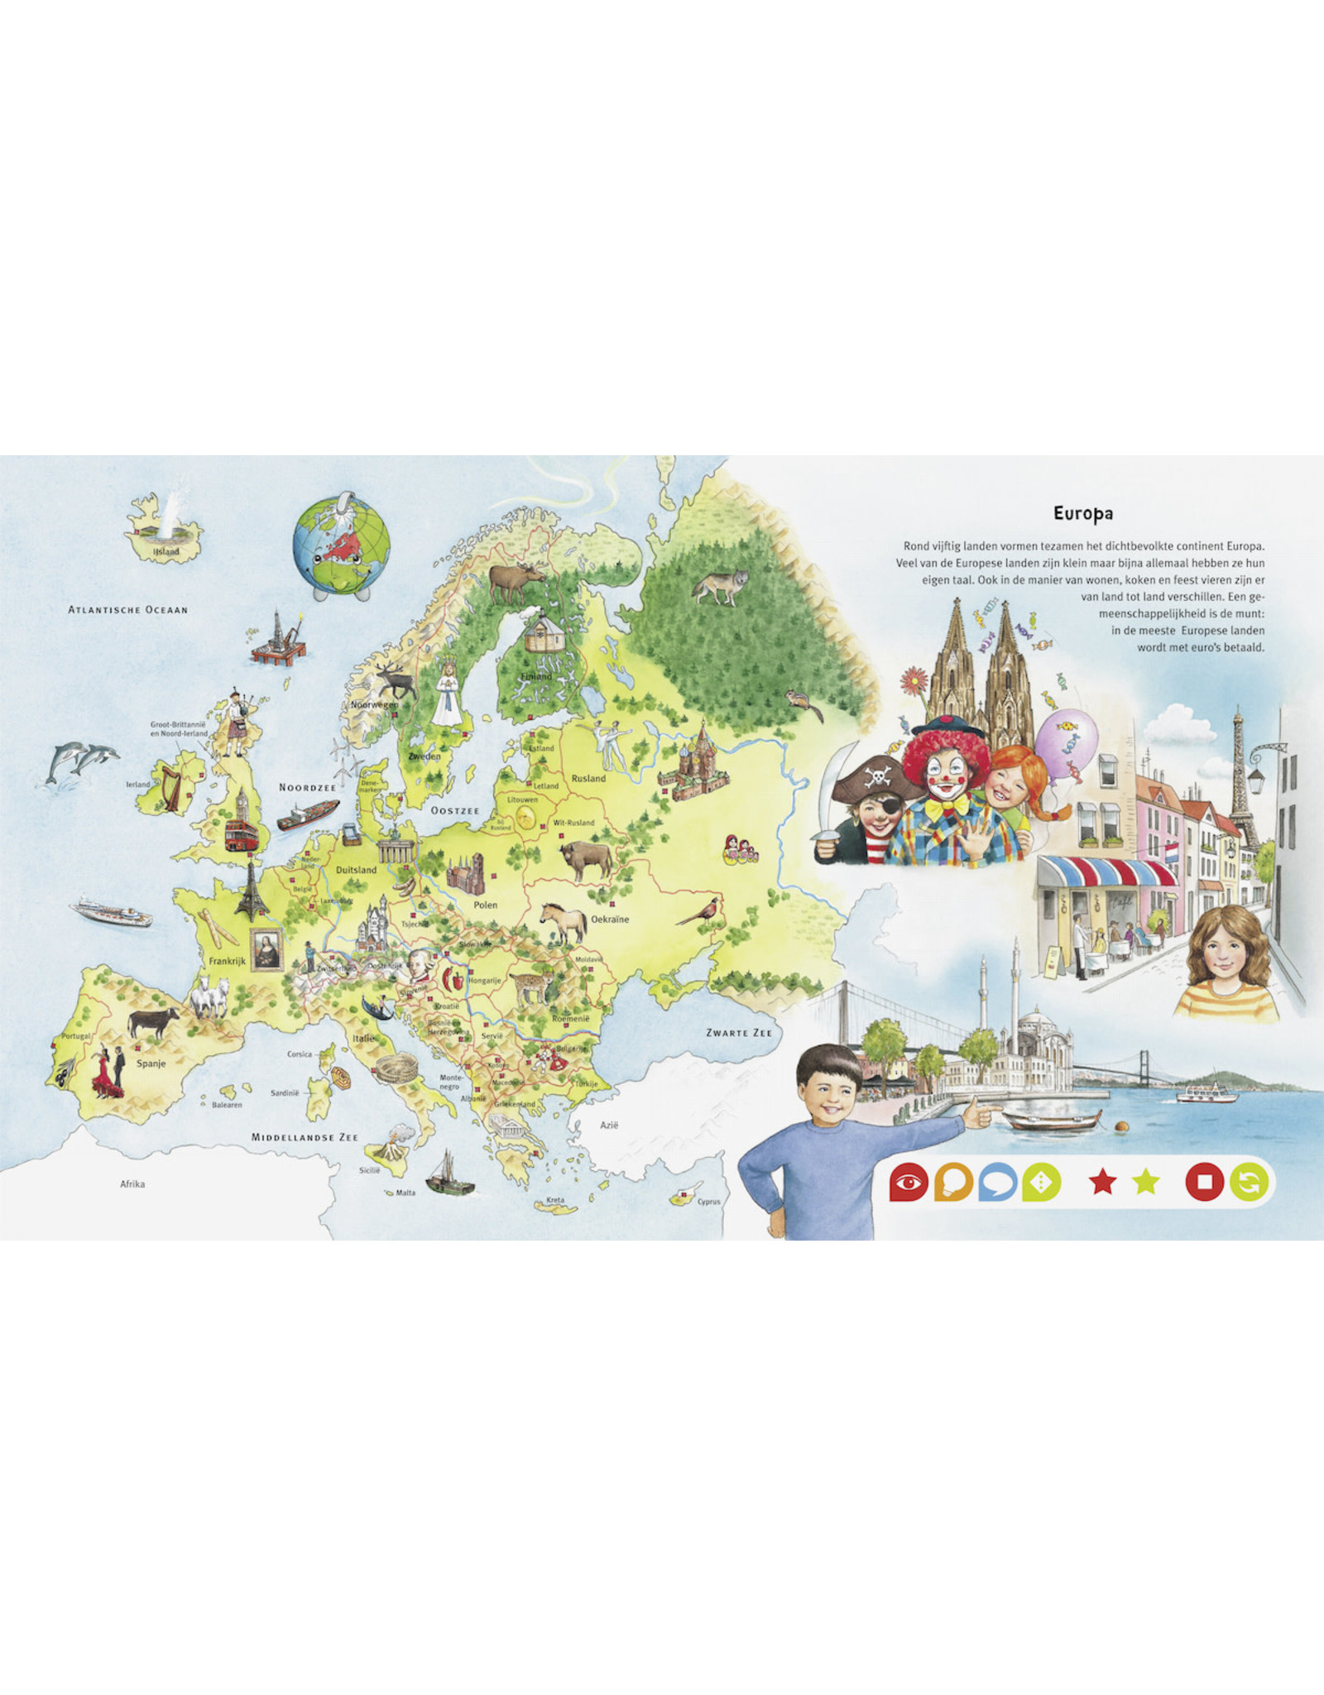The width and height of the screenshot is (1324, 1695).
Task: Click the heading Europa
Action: click(1082, 513)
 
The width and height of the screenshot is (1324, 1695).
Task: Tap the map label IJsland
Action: click(166, 552)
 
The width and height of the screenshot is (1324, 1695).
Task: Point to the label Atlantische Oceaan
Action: click(128, 610)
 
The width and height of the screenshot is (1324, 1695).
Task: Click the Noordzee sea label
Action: click(308, 787)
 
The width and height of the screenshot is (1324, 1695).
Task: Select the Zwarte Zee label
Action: click(738, 1033)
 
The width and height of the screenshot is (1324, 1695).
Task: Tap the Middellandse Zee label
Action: click(305, 1137)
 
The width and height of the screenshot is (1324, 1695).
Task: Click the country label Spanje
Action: click(151, 1064)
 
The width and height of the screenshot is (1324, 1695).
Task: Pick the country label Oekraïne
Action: click(610, 919)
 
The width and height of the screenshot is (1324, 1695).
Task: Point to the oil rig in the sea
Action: click(278, 639)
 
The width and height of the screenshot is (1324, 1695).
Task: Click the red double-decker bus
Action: click(242, 834)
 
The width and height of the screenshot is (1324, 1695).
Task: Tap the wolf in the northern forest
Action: click(720, 586)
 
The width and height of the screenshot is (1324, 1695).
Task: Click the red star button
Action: click(1101, 1183)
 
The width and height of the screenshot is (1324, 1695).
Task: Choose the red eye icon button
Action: click(908, 1183)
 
